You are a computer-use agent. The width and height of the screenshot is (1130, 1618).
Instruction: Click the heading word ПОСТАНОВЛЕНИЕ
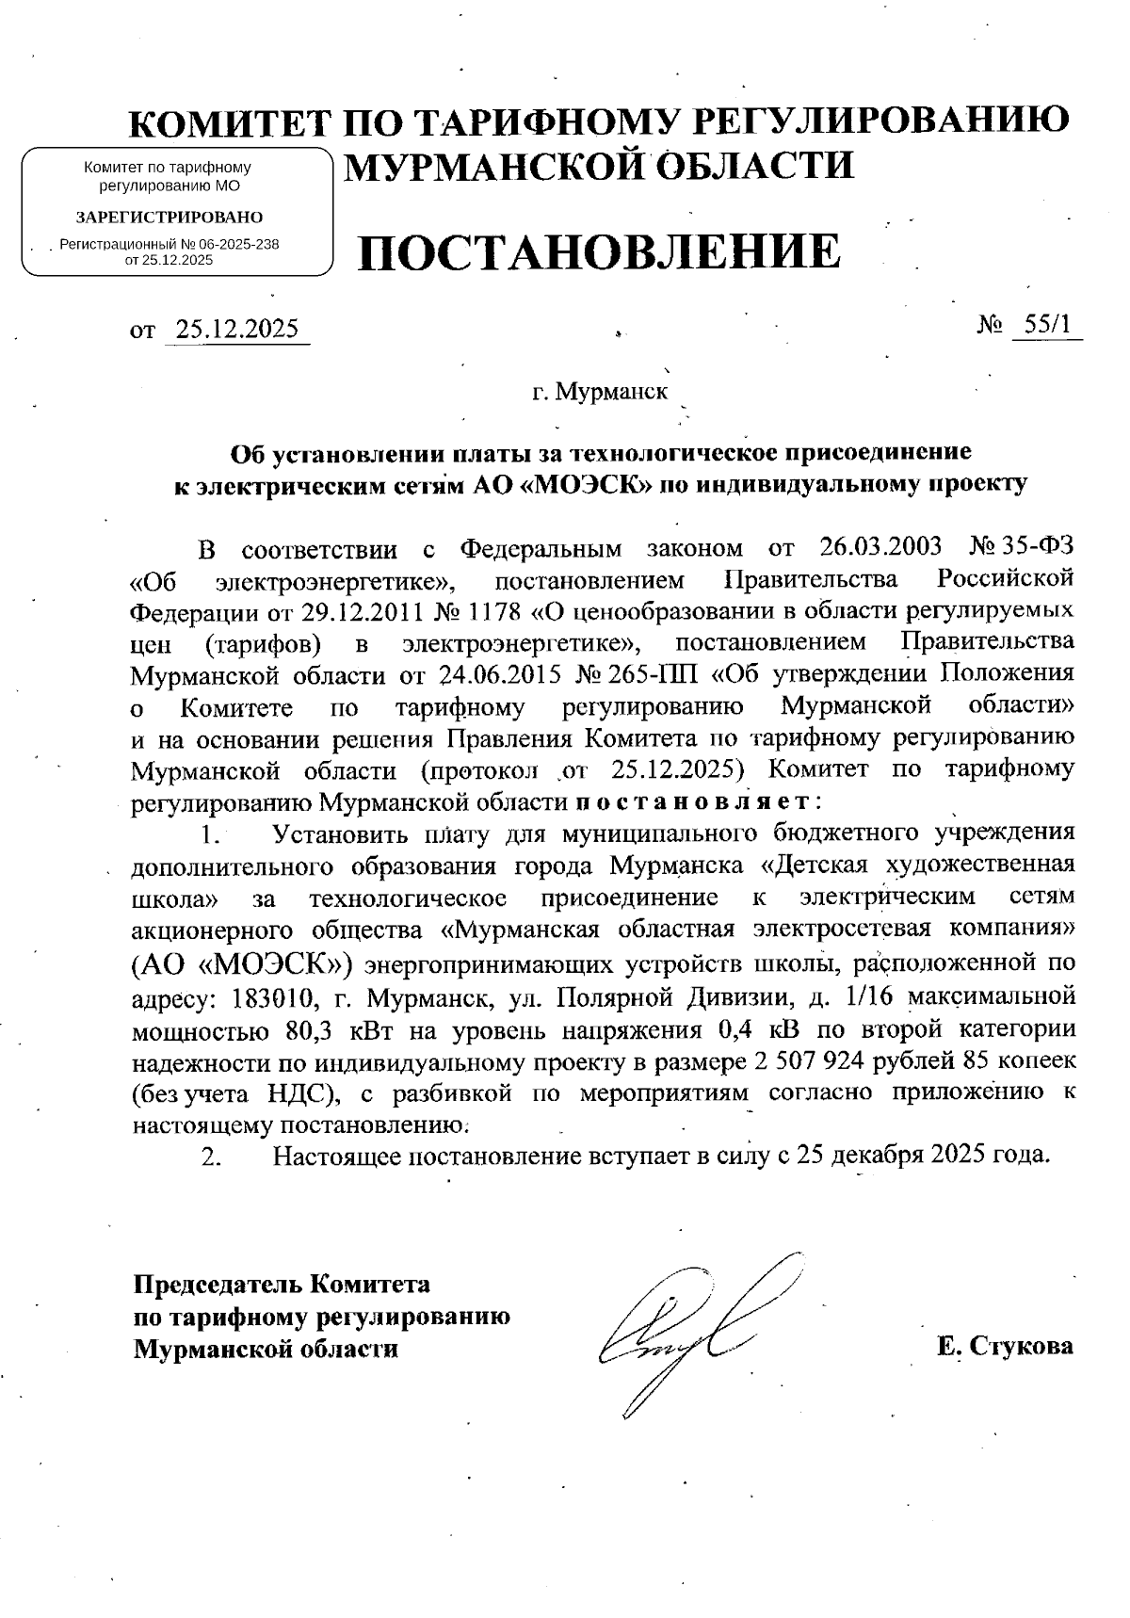598,251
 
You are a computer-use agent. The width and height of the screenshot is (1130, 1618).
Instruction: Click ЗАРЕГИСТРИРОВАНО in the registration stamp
169,217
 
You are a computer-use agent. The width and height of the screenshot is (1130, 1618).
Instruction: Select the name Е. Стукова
1005,1346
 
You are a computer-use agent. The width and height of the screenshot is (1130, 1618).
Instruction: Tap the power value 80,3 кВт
332,1030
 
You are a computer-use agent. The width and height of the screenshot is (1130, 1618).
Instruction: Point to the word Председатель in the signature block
218,1285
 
